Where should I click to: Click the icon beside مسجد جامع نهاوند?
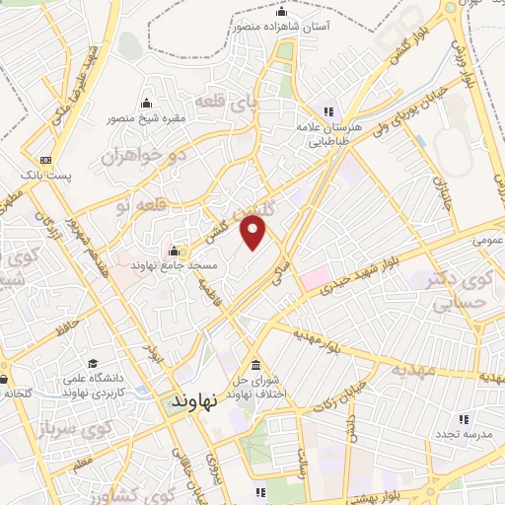click(175, 249)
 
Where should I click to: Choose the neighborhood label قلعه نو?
click(139, 206)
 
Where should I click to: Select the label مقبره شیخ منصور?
click(146, 119)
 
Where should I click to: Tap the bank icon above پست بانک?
click(45, 160)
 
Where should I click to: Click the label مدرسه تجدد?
click(455, 435)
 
